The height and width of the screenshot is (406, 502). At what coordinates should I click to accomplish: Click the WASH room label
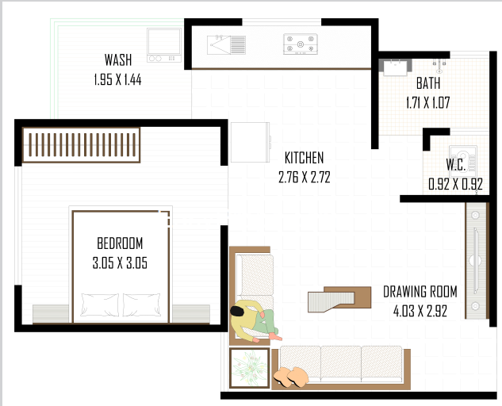click(x=118, y=60)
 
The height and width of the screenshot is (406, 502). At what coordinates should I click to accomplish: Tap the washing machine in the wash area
click(x=164, y=45)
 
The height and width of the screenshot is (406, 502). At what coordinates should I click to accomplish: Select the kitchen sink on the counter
click(x=226, y=45)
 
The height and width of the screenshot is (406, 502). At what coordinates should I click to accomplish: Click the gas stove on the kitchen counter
click(x=301, y=44)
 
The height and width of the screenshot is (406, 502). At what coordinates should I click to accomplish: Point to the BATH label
click(x=428, y=83)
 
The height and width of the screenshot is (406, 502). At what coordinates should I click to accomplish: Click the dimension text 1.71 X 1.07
click(x=428, y=103)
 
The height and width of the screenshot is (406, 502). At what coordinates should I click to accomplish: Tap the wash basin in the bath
click(x=395, y=67)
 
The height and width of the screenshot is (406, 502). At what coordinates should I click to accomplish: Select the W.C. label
click(x=456, y=165)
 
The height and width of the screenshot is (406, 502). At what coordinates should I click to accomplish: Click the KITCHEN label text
click(x=305, y=158)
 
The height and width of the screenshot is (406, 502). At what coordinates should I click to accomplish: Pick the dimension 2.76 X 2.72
click(x=305, y=177)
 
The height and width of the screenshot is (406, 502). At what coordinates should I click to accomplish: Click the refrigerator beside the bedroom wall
click(x=251, y=142)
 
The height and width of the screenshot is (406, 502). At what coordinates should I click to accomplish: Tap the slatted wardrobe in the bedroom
click(x=82, y=145)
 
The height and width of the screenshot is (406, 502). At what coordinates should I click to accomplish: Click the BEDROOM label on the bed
click(x=120, y=243)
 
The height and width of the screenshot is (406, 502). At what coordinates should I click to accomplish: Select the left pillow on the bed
click(x=100, y=304)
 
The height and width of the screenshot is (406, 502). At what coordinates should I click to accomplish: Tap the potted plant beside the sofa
click(x=249, y=368)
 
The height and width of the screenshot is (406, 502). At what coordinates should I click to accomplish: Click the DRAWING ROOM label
click(x=420, y=292)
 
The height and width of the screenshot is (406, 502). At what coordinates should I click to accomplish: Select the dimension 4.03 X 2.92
click(x=420, y=311)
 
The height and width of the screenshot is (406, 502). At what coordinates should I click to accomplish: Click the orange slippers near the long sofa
click(x=291, y=377)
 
